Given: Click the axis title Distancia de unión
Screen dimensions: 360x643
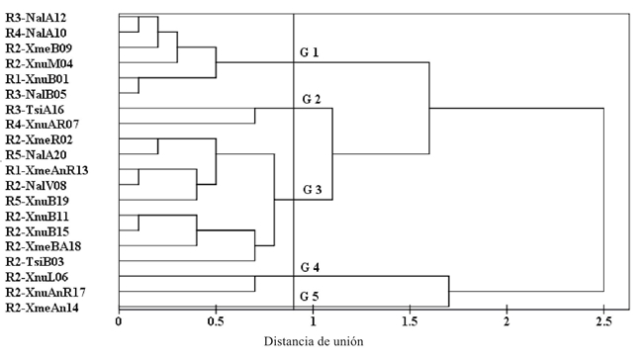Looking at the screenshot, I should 314,342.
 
